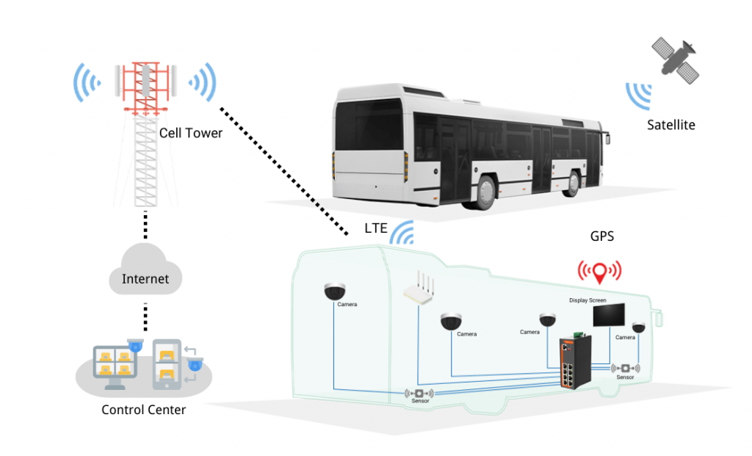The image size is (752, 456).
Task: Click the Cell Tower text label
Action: tap(190, 133)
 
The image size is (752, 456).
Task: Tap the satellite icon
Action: tap(676, 60)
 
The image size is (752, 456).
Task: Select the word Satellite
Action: tap(671, 125)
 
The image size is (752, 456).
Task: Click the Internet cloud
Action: tap(145, 269)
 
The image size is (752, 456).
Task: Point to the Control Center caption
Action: tap(143, 410)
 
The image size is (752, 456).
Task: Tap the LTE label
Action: tap(375, 228)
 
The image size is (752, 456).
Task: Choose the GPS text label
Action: tap(602, 236)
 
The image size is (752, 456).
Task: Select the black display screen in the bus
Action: tap(609, 315)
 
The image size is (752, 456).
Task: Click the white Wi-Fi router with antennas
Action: tap(419, 289)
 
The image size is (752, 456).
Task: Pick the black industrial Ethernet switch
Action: tap(575, 362)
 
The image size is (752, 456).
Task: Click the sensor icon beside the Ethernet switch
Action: tap(625, 369)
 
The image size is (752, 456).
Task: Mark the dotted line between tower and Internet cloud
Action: tap(145, 225)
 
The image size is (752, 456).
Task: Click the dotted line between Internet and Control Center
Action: tap(145, 317)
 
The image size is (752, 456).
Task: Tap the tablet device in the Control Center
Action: tap(167, 364)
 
